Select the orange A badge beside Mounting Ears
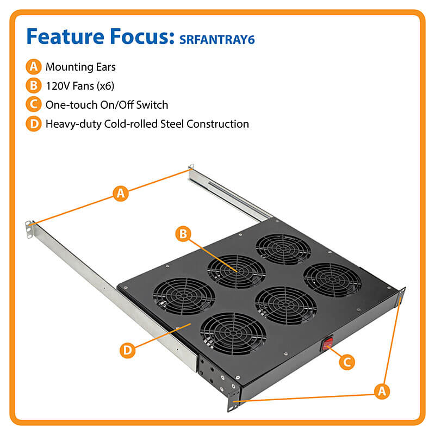34,67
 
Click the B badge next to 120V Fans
34,85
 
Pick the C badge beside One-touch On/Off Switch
34,104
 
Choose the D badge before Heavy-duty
34,123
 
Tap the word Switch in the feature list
153,104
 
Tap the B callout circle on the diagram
184,234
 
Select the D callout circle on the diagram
127,350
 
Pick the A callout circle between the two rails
121,193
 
